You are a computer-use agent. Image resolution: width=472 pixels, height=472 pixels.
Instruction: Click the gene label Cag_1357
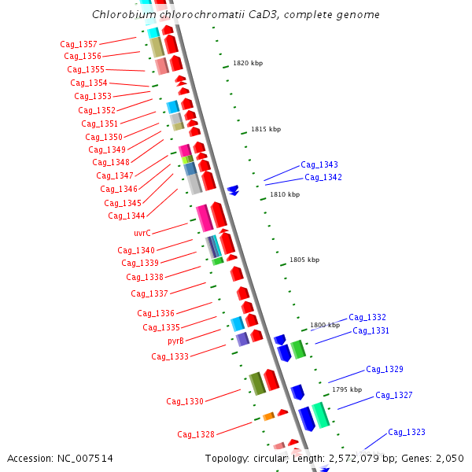[x=79, y=44]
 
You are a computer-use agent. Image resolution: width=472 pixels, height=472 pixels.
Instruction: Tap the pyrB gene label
[x=175, y=341]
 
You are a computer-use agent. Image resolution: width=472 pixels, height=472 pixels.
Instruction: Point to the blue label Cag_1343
[x=319, y=165]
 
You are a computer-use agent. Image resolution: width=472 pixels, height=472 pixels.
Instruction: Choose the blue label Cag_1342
[x=323, y=178]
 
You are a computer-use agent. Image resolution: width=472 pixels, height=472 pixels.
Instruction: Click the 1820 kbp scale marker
[x=248, y=63]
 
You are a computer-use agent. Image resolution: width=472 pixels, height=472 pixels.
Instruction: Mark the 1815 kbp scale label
[x=266, y=129]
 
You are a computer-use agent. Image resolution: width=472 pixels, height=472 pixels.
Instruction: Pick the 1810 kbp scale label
[x=285, y=194]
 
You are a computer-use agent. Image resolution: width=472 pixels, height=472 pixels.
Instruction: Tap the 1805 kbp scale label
[x=304, y=260]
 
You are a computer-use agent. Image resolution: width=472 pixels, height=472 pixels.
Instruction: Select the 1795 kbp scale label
[x=347, y=389]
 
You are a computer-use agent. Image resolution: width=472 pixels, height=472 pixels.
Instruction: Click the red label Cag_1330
[x=185, y=401]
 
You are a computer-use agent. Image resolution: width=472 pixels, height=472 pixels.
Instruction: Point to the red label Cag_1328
[x=196, y=434]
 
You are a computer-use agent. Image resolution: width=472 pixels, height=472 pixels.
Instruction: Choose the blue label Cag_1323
[x=407, y=433]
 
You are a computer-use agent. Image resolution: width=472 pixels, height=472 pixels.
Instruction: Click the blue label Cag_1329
[x=385, y=370]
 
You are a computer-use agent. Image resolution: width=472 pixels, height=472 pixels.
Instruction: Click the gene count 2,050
[x=449, y=459]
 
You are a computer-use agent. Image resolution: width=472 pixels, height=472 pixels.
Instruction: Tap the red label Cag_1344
[x=127, y=216]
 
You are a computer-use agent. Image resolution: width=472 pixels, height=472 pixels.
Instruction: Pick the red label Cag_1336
[x=156, y=313]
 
